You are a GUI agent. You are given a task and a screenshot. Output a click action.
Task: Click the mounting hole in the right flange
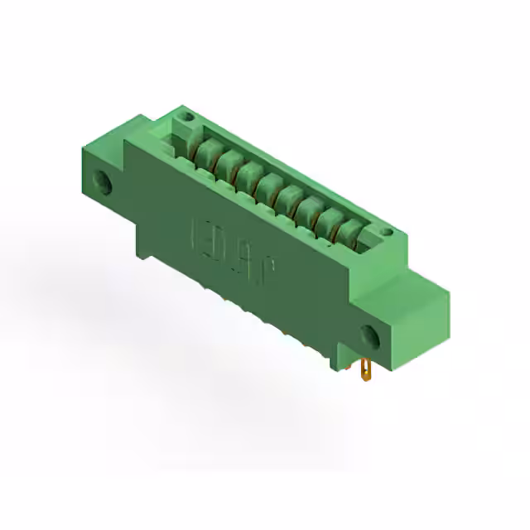tap(369, 336)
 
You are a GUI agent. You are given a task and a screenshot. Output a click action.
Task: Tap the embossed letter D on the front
tap(214, 242)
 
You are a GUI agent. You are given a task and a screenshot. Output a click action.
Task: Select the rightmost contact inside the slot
tap(349, 234)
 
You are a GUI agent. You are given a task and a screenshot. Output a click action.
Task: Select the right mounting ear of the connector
tap(389, 323)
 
